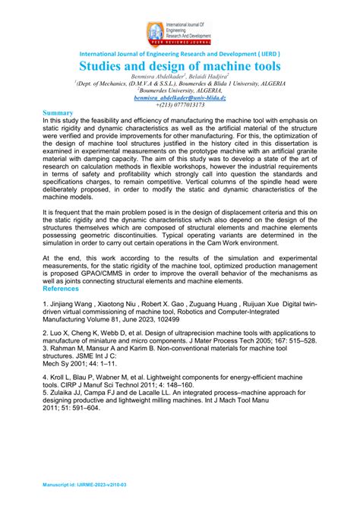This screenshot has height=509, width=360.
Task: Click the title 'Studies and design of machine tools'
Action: (180, 66)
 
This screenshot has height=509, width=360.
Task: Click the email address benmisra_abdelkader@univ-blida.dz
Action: (179, 98)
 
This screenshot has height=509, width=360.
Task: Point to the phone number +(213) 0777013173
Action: (179, 105)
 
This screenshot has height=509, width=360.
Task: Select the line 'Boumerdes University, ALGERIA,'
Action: (179, 91)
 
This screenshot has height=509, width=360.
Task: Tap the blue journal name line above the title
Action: (180, 55)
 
